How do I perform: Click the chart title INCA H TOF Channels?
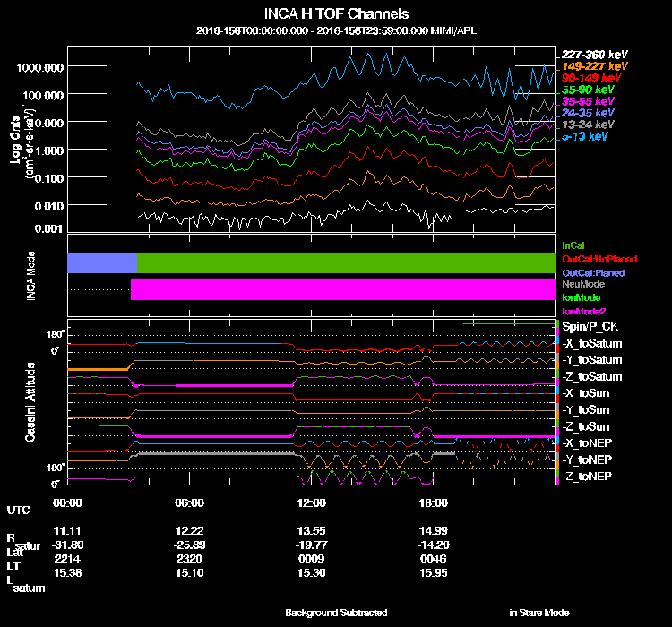[336, 13]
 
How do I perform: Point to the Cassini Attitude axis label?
[30, 402]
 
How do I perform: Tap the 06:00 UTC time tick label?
[190, 503]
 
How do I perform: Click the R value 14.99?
[431, 528]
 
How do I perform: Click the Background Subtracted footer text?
[336, 613]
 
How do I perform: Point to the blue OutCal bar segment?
[102, 262]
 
